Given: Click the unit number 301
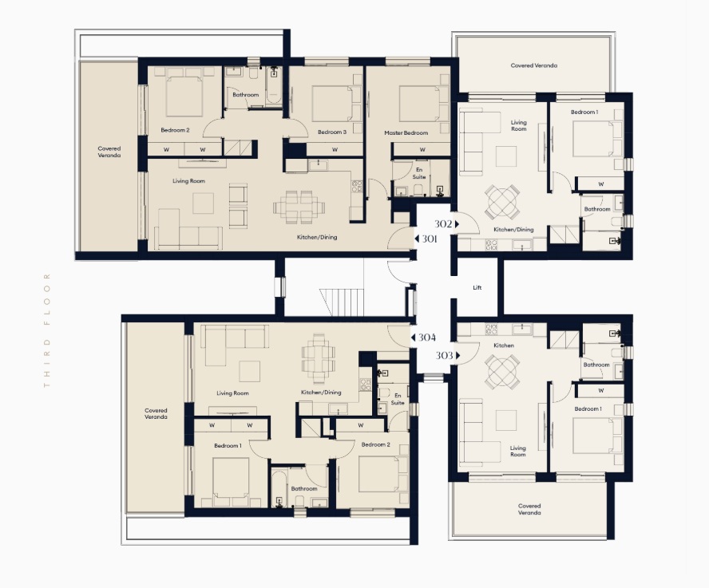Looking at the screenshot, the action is [x=429, y=239].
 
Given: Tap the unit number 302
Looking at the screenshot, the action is [x=443, y=223].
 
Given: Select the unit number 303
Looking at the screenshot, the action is [x=444, y=356].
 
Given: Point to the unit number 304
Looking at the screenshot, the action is [x=427, y=337].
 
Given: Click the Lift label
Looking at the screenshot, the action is [x=477, y=287].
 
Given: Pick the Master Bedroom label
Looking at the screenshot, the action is [x=406, y=133].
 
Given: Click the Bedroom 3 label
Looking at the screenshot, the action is [x=332, y=132].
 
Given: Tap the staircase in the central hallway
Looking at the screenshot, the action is [x=342, y=302].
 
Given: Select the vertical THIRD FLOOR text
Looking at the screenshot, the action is [x=46, y=330].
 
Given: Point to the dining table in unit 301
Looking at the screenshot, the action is [x=299, y=207].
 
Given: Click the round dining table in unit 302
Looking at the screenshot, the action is [x=502, y=201].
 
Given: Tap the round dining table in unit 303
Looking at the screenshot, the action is [x=502, y=372].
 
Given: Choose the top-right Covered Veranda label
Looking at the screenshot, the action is [x=533, y=65].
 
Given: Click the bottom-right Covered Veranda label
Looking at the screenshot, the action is [x=529, y=509].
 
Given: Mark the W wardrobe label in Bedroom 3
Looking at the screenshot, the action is [x=335, y=150].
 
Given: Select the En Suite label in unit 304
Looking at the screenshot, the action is [x=398, y=399].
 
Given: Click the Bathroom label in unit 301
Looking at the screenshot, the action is [x=246, y=95].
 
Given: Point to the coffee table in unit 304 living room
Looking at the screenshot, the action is [x=250, y=371].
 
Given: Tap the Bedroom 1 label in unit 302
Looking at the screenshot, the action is [x=584, y=112].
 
